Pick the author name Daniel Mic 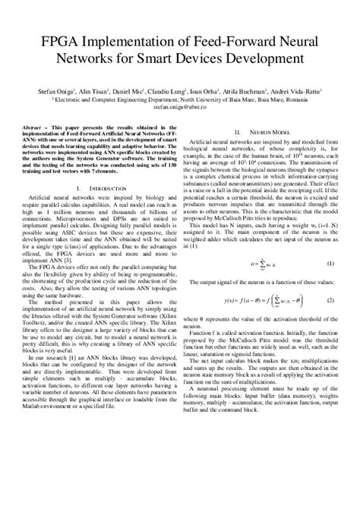tap(137, 90)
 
